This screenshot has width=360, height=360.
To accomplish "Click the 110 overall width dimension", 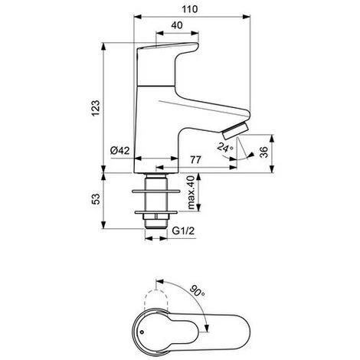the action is (x=190, y=9).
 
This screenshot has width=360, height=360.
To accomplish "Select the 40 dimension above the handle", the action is (x=177, y=25).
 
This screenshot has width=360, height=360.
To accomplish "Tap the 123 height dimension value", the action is (x=96, y=108).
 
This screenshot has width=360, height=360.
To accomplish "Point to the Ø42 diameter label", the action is (x=120, y=151).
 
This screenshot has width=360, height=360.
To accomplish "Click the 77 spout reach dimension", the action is (x=195, y=160).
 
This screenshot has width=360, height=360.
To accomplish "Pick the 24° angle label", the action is (x=225, y=147).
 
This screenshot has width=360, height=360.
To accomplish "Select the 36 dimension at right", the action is (x=263, y=152).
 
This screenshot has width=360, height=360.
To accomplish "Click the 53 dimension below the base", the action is (x=97, y=199).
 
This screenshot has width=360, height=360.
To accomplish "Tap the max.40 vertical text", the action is (x=191, y=192).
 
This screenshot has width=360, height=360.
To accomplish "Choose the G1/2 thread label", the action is (x=183, y=231).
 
